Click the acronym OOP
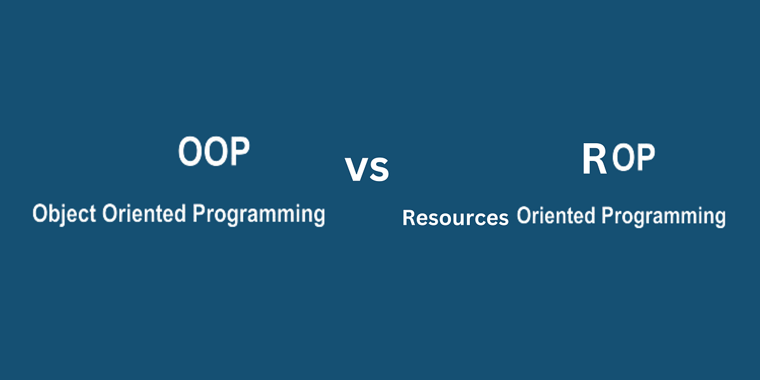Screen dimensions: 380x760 [214, 152]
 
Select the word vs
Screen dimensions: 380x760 [367, 170]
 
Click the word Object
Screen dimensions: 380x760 [64, 214]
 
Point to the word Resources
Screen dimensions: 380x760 [455, 218]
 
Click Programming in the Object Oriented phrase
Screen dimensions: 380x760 [258, 214]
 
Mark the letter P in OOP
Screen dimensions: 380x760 [238, 152]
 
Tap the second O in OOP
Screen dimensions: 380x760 [214, 152]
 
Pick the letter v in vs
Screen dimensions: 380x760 [356, 170]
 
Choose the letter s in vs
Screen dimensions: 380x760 [379, 170]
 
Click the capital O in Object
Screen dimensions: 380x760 [39, 214]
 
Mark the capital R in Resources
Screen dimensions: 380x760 [408, 218]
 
